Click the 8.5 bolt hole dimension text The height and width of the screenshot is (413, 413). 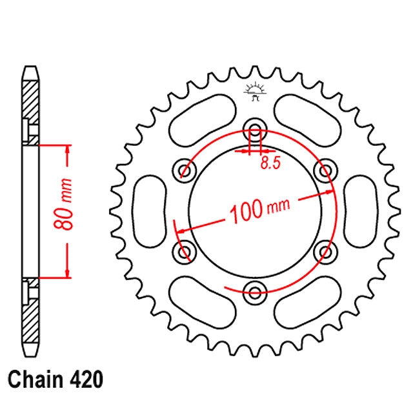click(271, 163)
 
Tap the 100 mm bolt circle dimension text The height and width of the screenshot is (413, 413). click(259, 209)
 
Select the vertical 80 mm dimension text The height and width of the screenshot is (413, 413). click(63, 204)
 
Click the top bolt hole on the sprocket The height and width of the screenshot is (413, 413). click(255, 130)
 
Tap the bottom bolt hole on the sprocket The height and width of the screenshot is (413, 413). click(255, 292)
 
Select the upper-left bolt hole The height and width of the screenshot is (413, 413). click(185, 171)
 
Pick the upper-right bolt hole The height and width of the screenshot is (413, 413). click(325, 171)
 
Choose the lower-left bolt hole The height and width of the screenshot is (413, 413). click(185, 252)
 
